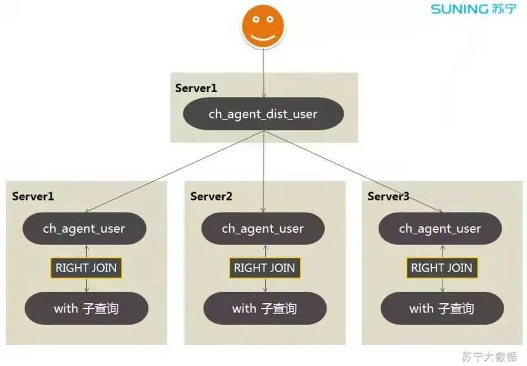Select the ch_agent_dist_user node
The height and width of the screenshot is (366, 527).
263,114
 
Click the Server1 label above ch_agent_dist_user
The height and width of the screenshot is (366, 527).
196,88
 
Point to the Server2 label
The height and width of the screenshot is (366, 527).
211,196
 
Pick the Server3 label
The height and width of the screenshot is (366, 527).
388,196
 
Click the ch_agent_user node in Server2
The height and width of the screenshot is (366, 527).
263,228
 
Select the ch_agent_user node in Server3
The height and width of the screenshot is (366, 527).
440,228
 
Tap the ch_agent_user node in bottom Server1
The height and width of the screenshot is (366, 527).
84,228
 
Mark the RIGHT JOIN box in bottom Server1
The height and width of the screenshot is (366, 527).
86,268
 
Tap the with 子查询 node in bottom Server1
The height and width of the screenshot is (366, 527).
86,309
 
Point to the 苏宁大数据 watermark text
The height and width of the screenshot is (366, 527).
489,355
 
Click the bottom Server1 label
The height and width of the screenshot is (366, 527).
33,196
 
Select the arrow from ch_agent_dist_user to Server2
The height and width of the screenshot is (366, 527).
263,171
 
